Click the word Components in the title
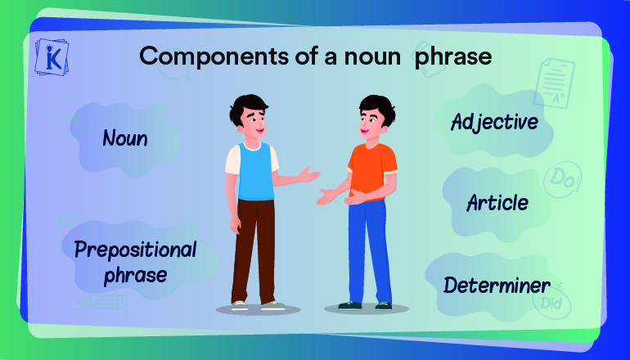[x=214, y=56]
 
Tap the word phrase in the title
[x=453, y=56]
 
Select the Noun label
[x=125, y=138]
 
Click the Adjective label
[x=494, y=122]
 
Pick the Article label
[x=497, y=203]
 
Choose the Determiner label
[x=497, y=286]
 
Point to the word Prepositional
[x=136, y=250]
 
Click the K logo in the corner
[x=52, y=57]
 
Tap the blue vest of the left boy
[x=255, y=172]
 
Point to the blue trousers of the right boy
[x=369, y=251]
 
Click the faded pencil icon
[x=102, y=302]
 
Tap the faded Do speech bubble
[x=563, y=180]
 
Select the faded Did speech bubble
[x=552, y=302]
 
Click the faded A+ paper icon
[x=555, y=83]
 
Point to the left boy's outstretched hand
[x=308, y=175]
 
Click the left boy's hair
[x=247, y=107]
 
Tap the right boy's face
[x=371, y=121]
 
